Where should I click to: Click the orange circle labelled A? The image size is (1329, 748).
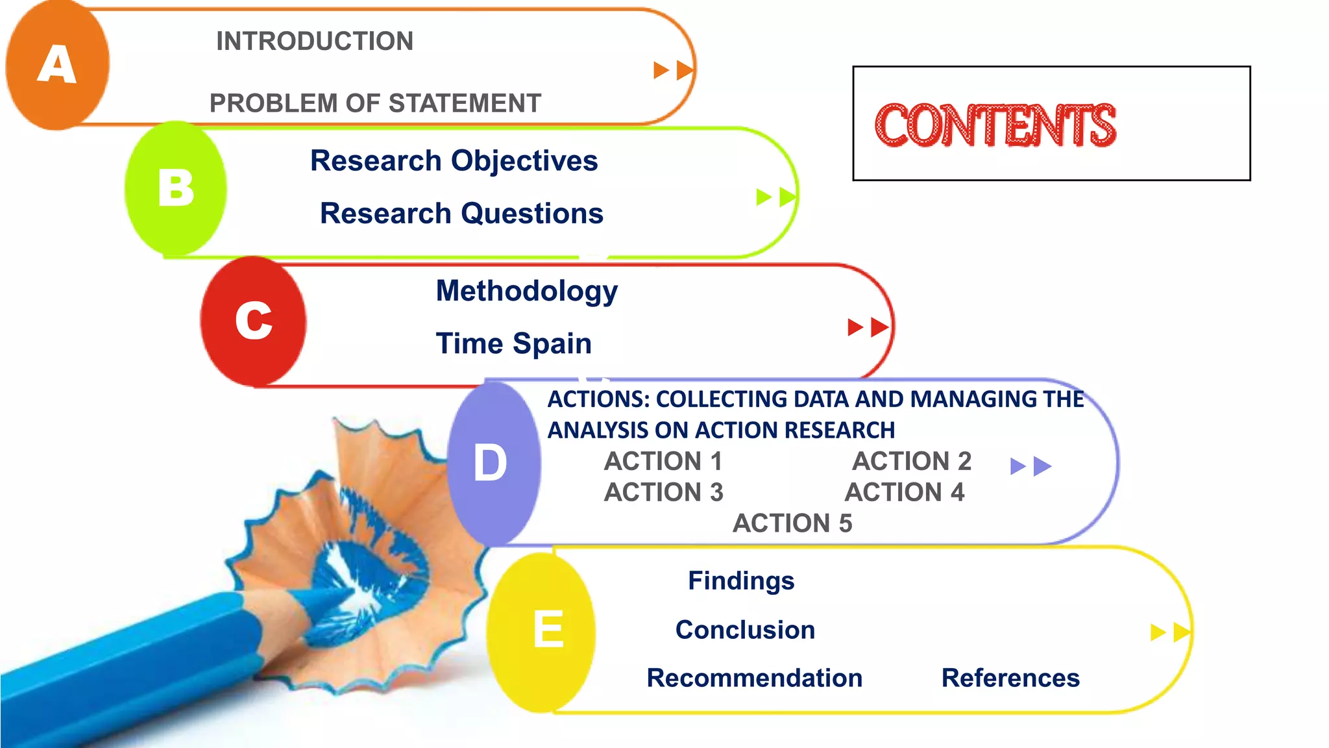pos(57,65)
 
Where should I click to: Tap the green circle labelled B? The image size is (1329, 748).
pos(176,188)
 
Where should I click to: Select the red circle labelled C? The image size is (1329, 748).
pos(253,321)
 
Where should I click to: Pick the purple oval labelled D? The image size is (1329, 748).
pos(494,463)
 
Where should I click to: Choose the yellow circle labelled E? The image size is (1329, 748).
pos(541,632)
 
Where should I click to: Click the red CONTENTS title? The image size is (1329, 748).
pos(995,125)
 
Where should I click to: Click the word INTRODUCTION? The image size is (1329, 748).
pos(315,41)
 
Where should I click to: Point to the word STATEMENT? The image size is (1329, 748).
pos(465,103)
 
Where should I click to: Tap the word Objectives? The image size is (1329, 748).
pos(524,161)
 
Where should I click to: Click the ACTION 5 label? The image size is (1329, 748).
pos(792,523)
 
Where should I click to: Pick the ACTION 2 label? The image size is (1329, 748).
pos(912,461)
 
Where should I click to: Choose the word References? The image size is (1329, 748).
pos(1010,678)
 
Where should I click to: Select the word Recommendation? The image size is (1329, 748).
pos(755,678)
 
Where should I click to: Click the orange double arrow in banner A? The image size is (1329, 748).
pos(674,70)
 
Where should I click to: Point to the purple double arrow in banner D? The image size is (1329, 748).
pos(1031,466)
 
